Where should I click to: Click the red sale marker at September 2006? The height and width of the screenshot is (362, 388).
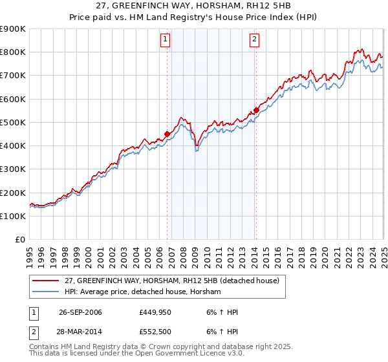pos(167,134)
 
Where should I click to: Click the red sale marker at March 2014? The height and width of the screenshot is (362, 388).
pos(256,111)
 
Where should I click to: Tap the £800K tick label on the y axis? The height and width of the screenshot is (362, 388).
pos(13,52)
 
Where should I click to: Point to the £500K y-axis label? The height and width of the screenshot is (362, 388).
pos(13,122)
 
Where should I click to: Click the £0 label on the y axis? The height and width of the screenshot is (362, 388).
pos(19,239)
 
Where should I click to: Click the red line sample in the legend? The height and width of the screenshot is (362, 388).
pos(46,281)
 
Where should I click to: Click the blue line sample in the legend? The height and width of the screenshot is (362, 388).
pos(46,292)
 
